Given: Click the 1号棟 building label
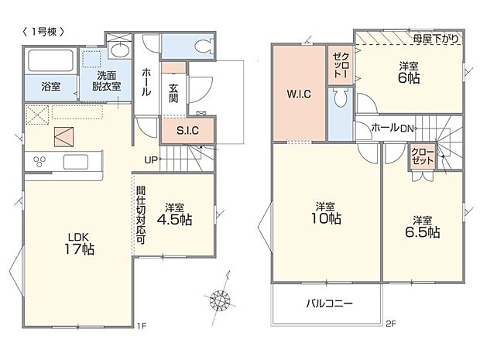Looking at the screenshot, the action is click(x=43, y=32).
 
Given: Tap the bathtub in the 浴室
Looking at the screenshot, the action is click(x=50, y=60).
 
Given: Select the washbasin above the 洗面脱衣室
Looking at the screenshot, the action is click(x=120, y=50).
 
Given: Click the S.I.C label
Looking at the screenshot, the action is click(x=187, y=131).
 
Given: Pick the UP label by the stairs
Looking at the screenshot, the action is click(x=151, y=159).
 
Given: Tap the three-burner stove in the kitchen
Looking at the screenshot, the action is click(x=39, y=161).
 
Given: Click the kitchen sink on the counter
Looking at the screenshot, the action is click(x=76, y=162).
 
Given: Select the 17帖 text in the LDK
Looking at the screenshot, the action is click(x=79, y=249).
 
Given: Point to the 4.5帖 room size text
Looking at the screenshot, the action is click(x=174, y=220).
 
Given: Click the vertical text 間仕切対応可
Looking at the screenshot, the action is click(x=141, y=215).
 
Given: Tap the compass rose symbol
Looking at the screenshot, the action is click(x=220, y=300).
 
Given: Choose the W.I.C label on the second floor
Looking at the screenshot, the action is click(x=299, y=94).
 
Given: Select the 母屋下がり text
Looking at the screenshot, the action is click(x=436, y=39).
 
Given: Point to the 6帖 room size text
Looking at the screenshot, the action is click(x=409, y=78).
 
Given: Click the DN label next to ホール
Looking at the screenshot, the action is click(x=406, y=129).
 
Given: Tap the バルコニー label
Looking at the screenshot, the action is click(x=330, y=303).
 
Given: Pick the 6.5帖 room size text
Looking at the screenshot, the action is click(x=423, y=232).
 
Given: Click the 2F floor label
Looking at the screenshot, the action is click(x=391, y=324).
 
